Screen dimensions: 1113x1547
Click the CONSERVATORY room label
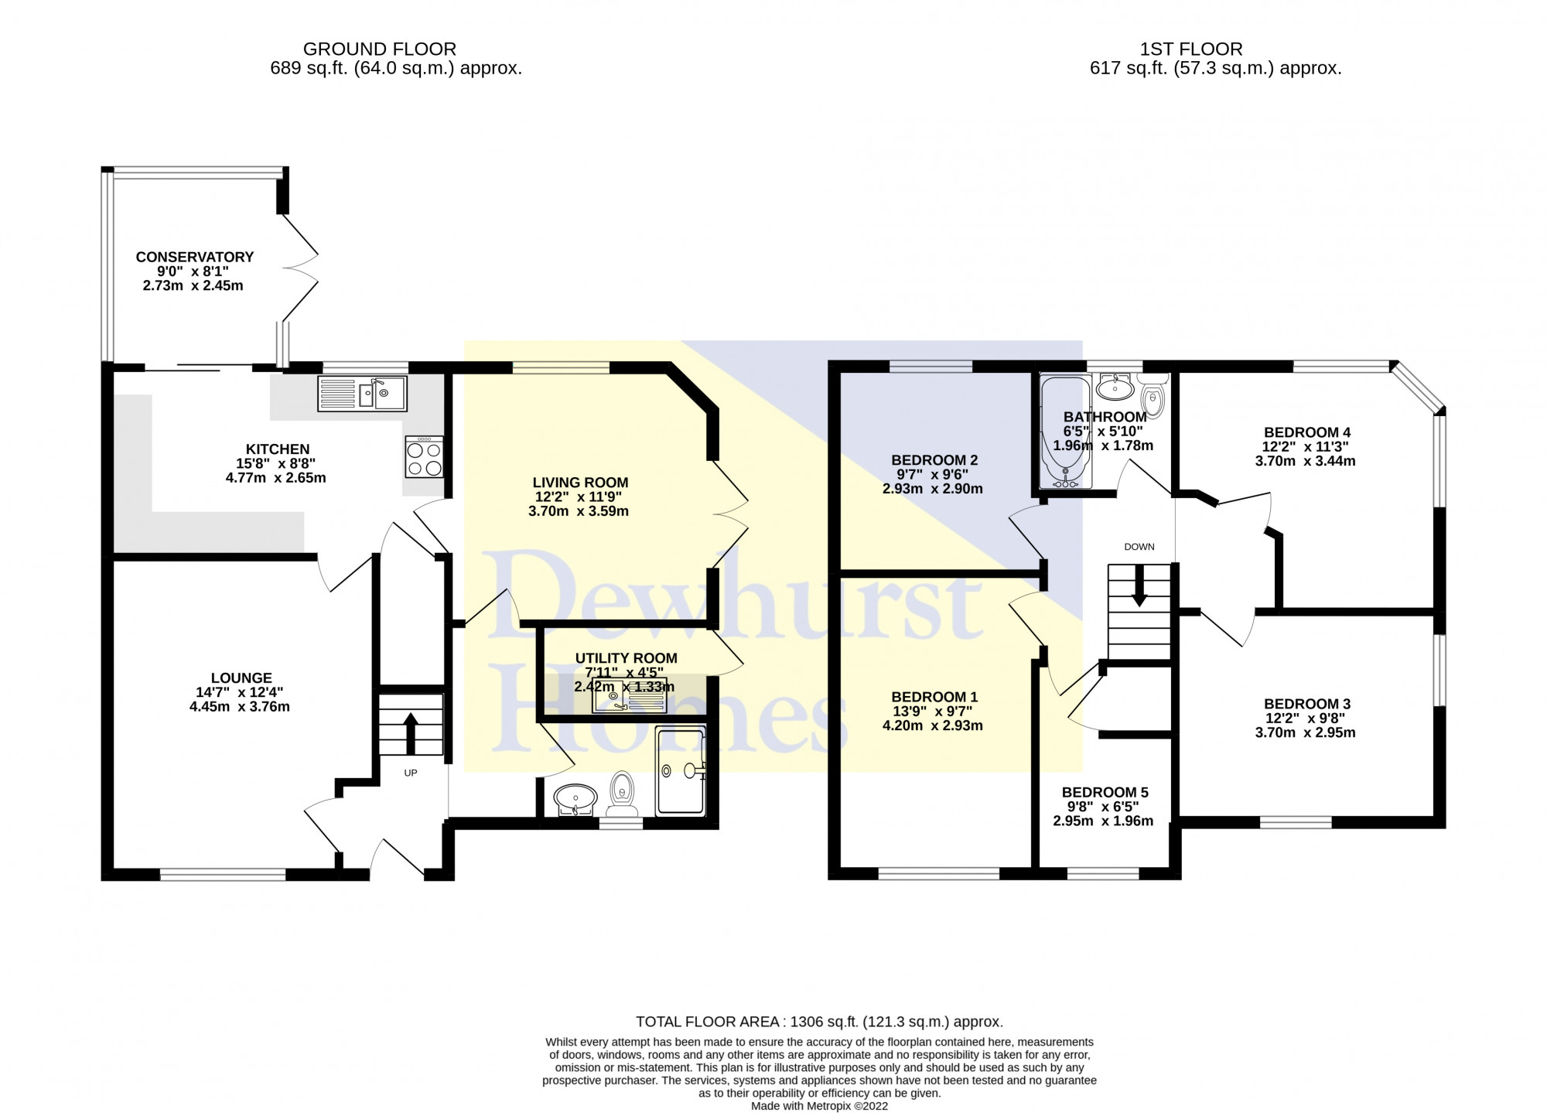coord(194,257)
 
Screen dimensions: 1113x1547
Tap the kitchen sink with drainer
coord(361,394)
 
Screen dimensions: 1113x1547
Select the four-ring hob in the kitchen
coord(424,457)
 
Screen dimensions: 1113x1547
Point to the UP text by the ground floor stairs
coord(411,773)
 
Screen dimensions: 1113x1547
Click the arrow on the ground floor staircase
coord(411,732)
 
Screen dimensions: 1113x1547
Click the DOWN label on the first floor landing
coord(1139,547)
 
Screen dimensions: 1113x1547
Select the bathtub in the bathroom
coord(1066,432)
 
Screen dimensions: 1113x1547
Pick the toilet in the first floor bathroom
coord(1153,397)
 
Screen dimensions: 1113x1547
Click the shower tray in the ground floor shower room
coord(681,771)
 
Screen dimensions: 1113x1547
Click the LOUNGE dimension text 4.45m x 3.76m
coord(240,706)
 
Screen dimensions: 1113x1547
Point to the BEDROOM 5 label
coord(1105,792)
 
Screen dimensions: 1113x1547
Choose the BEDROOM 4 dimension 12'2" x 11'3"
coord(1306,446)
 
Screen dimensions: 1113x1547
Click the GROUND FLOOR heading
coord(379,49)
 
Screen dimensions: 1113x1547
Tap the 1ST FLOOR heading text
coord(1191,49)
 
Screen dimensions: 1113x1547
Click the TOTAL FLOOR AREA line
coord(819,1022)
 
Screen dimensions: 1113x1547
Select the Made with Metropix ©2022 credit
coord(819,1106)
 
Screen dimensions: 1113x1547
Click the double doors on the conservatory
coord(300,267)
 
